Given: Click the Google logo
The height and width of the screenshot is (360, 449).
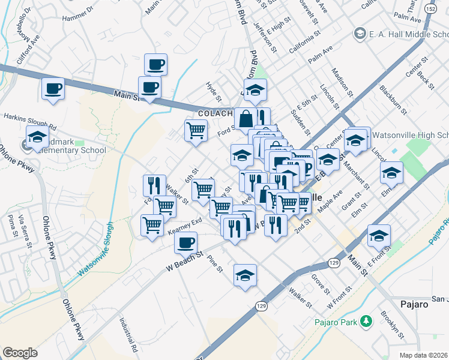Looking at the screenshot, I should point(20,353).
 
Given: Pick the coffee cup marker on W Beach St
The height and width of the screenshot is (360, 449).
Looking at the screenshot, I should point(185,243).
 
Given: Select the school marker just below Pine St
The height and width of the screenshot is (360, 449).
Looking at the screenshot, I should point(245,275).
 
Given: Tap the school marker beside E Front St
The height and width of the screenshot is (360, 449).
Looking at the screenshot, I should point(379,236).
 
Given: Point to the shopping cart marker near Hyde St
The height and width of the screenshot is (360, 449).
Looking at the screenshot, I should point(196,130).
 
